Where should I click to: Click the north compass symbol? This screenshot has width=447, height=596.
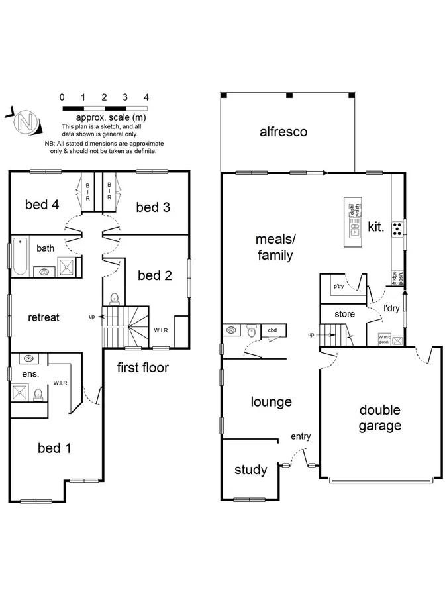click(25, 121)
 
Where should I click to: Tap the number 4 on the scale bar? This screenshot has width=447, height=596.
click(146, 97)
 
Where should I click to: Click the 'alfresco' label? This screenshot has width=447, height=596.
click(283, 132)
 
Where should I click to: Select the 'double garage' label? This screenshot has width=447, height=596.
click(380, 418)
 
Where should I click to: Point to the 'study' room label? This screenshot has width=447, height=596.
click(251, 470)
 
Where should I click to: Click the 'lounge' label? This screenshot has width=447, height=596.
click(271, 402)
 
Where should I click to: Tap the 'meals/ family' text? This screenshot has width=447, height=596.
click(275, 246)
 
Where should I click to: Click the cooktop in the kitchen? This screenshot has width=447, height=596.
click(397, 229)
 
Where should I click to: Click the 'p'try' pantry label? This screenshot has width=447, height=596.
click(338, 287)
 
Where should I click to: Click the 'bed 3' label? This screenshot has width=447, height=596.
click(153, 207)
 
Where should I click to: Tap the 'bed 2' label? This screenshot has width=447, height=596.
click(154, 275)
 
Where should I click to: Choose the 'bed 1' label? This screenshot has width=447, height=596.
click(54, 448)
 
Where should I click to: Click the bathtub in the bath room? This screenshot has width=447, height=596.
click(19, 256)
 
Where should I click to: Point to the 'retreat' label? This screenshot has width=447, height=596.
click(44, 317)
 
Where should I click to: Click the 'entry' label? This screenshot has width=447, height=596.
click(300, 436)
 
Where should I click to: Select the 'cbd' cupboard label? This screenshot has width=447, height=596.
click(272, 330)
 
